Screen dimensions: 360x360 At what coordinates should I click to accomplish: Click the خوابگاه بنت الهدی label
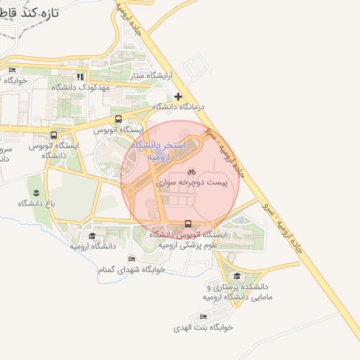click(204, 328)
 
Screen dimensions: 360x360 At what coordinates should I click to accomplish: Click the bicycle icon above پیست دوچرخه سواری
click(191, 172)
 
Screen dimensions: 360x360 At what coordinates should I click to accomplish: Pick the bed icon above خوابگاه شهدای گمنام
click(131, 259)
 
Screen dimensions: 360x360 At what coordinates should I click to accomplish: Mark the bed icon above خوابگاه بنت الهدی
click(204, 317)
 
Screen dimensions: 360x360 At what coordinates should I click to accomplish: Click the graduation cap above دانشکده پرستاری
click(237, 276)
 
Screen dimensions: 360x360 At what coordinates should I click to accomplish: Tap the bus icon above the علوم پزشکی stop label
click(187, 224)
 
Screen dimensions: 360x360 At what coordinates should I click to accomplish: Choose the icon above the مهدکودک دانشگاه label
click(81, 77)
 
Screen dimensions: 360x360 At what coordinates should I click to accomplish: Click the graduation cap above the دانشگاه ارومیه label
click(92, 236)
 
